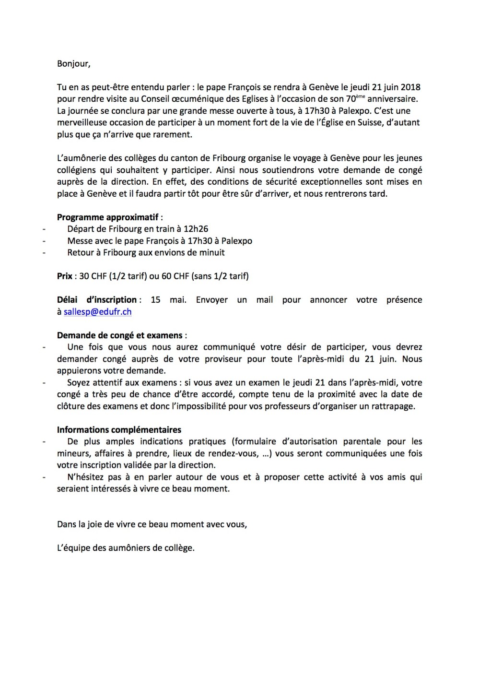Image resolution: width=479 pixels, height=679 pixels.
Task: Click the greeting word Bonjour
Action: tap(73, 63)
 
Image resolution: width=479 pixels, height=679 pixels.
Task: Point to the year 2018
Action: tap(410, 87)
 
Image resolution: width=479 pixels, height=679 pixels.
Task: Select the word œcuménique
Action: tap(186, 99)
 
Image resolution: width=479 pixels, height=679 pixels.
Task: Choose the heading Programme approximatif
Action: tap(108, 217)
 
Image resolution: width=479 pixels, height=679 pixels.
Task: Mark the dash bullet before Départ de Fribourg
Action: tap(44, 229)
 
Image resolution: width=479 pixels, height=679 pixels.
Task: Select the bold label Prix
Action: tap(65, 276)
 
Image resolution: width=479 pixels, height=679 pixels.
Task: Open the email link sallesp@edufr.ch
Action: tap(98, 312)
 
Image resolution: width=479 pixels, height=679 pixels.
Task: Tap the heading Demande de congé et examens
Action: tap(120, 335)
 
